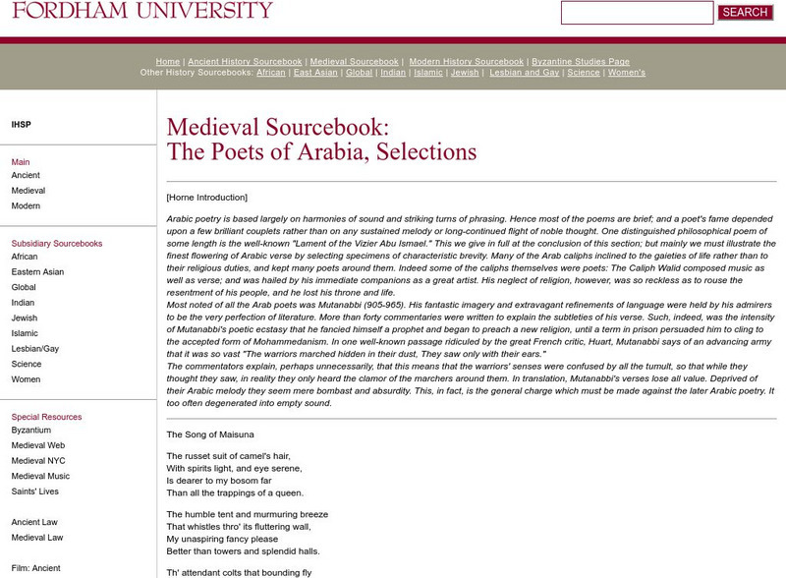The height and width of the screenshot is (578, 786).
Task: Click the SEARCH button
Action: (745, 13)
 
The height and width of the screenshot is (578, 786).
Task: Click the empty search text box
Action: (637, 13)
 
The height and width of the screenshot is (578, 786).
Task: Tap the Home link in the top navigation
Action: (167, 62)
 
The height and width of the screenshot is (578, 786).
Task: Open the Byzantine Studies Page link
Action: (579, 62)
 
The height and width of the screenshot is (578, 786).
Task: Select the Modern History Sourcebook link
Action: (466, 62)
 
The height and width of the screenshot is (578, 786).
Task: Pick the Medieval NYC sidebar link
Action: (37, 461)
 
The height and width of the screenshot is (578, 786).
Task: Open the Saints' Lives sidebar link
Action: (35, 491)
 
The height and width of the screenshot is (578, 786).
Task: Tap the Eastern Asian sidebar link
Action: (37, 272)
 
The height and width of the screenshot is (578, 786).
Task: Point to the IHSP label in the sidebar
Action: (21, 125)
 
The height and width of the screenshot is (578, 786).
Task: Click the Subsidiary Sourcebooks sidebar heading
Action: (56, 243)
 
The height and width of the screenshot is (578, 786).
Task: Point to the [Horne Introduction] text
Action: (207, 198)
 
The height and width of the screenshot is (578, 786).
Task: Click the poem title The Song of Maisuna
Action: (210, 434)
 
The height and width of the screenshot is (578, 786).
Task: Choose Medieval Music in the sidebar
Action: (40, 477)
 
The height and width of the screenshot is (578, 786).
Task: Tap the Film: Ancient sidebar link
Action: (35, 568)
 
